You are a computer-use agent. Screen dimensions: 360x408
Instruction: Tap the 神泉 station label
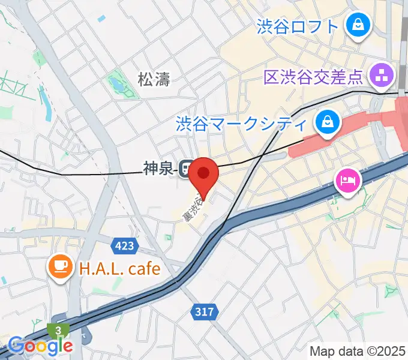(158, 169)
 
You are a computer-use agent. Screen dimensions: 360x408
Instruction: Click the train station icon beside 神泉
(187, 169)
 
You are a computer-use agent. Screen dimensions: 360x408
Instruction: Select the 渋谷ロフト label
(298, 26)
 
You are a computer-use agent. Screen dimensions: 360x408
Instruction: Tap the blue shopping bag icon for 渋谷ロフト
(358, 25)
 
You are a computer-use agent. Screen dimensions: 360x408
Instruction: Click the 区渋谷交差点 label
(314, 76)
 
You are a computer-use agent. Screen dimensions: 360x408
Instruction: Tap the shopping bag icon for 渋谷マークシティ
(327, 122)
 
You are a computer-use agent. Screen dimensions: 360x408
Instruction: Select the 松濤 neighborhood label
(154, 79)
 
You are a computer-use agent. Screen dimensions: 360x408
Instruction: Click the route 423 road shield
(125, 245)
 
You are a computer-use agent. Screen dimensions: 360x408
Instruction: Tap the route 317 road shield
(205, 311)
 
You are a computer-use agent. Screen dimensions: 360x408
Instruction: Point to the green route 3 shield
(59, 331)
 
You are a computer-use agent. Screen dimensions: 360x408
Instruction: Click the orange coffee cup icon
(61, 266)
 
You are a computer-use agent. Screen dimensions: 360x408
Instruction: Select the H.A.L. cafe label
(120, 268)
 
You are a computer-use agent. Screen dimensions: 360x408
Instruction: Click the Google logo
(40, 346)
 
